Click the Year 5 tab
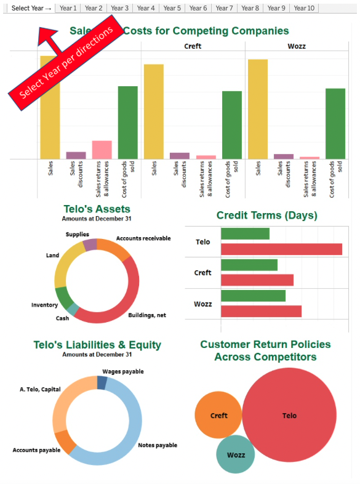click(172, 8)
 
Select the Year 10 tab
click(303, 8)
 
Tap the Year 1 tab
click(68, 8)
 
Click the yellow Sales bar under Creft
click(154, 111)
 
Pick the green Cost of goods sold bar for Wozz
click(335, 124)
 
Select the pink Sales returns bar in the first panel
click(102, 150)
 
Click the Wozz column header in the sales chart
click(297, 46)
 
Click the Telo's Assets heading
click(97, 209)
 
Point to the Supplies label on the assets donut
click(78, 235)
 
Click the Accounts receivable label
click(143, 238)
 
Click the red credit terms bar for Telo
click(281, 249)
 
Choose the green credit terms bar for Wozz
click(253, 296)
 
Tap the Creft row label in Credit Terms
click(202, 273)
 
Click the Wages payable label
click(123, 372)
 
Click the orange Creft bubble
click(218, 416)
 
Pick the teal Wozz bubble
click(236, 454)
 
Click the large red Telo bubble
click(289, 416)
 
